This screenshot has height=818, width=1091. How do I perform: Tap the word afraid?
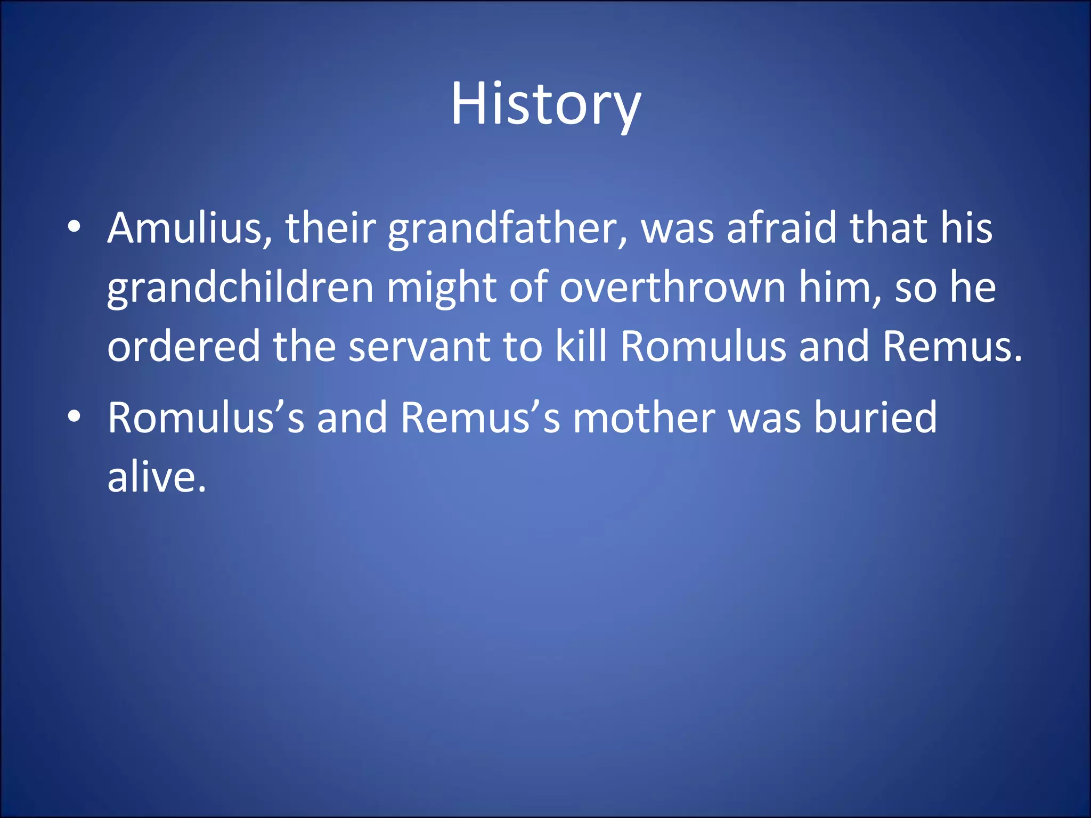coord(781,228)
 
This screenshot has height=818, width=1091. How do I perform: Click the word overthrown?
coord(672,288)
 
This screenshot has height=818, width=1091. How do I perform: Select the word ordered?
coord(184,346)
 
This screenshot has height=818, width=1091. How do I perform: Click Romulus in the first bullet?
coord(703,346)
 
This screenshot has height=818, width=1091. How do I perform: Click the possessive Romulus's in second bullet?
coord(206,418)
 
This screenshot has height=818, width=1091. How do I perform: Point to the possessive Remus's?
coord(480,418)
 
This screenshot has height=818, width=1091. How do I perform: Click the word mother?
coord(644,418)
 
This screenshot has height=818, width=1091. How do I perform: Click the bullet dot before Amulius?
coord(75,227)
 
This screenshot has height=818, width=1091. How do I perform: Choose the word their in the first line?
coord(331,228)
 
